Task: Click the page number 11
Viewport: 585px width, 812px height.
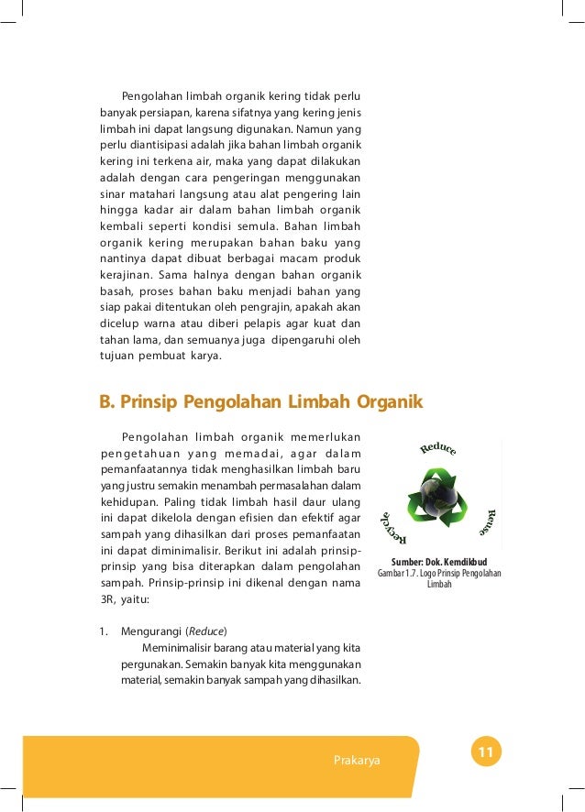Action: pyautogui.click(x=486, y=753)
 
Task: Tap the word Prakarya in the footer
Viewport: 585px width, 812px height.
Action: pyautogui.click(x=359, y=761)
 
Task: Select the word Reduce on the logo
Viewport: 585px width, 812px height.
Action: pyautogui.click(x=438, y=449)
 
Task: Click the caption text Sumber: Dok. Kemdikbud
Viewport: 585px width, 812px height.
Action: pyautogui.click(x=439, y=562)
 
